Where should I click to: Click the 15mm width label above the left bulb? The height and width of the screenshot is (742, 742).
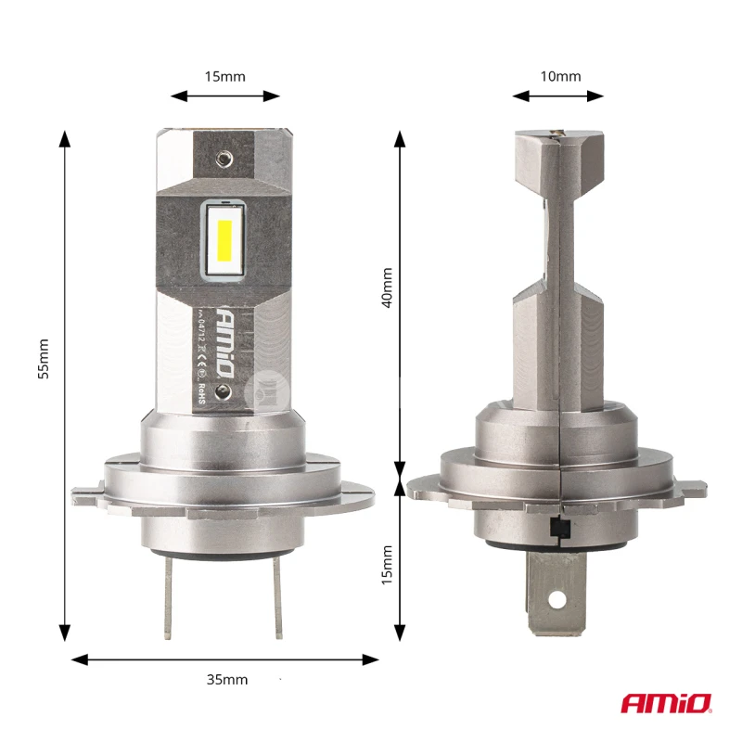(225, 76)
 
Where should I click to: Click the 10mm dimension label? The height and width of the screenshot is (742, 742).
(560, 76)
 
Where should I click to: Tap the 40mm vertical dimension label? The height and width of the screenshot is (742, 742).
(387, 288)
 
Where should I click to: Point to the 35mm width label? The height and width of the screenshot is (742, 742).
(226, 679)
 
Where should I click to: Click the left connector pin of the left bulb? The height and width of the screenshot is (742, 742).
(168, 602)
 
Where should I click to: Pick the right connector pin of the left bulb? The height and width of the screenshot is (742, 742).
(275, 602)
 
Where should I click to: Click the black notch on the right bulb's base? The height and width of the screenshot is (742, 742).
(559, 529)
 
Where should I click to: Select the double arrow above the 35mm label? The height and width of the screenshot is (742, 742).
(225, 659)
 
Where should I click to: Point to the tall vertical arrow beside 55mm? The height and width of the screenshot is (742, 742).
(65, 386)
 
